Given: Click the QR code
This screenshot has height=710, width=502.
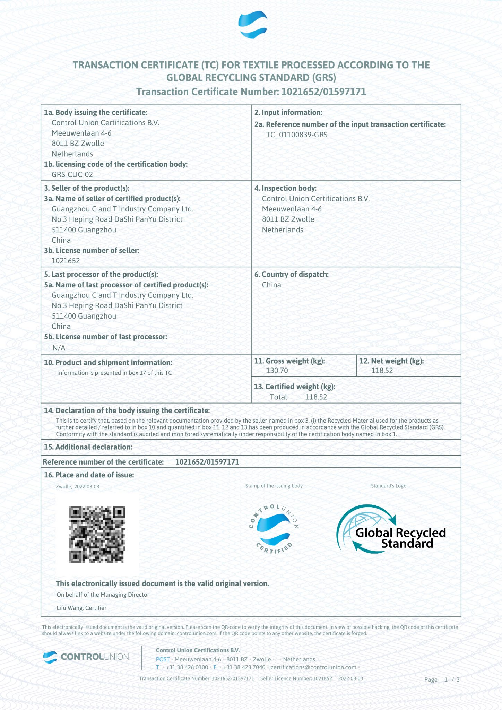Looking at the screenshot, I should [97, 534].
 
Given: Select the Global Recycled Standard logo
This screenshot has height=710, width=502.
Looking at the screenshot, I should [391, 529].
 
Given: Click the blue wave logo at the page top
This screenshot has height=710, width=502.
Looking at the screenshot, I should [252, 25].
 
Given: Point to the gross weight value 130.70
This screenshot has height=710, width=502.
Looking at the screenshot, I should [277, 370].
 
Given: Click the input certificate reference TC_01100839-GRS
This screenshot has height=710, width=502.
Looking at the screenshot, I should [296, 135].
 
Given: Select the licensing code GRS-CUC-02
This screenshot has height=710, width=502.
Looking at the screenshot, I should [72, 174].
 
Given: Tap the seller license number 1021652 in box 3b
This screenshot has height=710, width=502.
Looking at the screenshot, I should [66, 261].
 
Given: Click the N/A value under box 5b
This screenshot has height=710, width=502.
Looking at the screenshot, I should [59, 348].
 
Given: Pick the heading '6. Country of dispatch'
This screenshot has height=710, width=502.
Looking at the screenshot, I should [291, 274].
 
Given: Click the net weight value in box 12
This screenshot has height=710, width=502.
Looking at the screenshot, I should [382, 370].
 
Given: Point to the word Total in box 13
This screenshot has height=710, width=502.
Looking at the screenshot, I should [278, 397].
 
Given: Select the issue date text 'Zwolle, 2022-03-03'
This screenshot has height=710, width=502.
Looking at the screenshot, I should [77, 486].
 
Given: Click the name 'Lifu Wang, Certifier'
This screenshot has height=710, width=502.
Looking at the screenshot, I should [81, 608].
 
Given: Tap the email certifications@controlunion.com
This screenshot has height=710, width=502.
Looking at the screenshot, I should [313, 667].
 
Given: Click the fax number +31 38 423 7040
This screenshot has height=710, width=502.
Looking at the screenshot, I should [244, 667].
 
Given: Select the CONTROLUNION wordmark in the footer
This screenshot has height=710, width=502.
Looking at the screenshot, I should [94, 657].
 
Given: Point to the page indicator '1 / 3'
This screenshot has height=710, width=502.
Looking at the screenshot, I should [452, 679].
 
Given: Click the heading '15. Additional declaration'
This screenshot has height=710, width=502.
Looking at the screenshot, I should [88, 447].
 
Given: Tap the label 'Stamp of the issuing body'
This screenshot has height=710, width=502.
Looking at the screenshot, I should [274, 486].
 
